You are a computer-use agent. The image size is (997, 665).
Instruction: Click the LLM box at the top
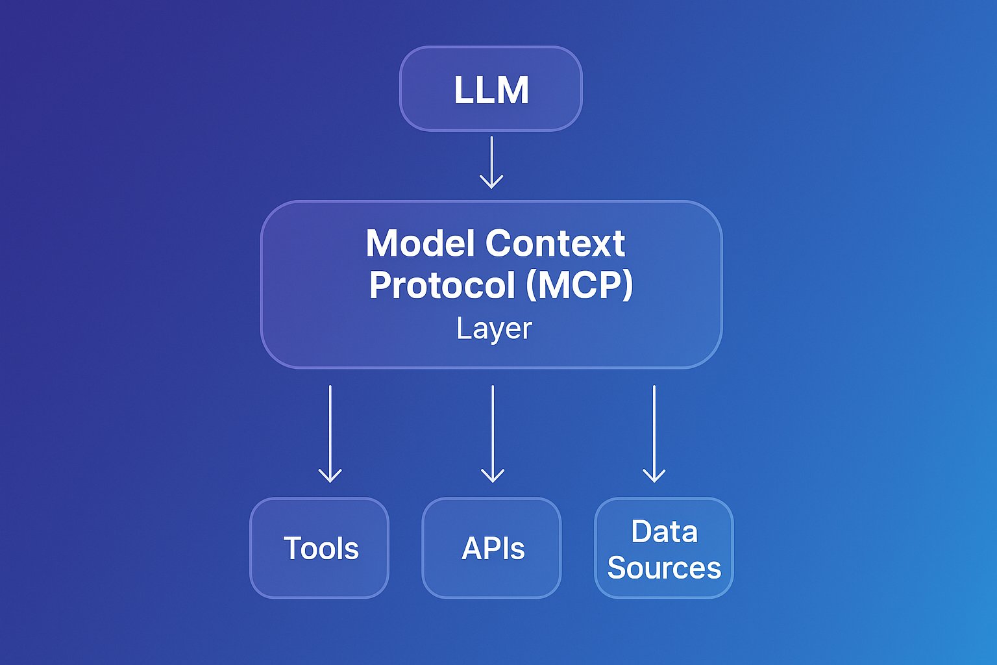coord(491,89)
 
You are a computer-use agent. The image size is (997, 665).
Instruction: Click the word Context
coord(555,244)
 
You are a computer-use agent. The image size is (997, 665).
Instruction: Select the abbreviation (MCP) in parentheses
coord(579,285)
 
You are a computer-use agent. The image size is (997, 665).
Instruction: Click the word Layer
coord(494,329)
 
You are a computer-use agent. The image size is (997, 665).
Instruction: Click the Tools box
coord(319,548)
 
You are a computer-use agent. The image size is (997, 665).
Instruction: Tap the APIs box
coord(491,548)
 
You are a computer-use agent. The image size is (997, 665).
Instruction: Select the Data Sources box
coord(664,548)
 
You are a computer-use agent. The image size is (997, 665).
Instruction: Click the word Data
coord(664,532)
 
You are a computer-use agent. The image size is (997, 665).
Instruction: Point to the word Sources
coord(664,568)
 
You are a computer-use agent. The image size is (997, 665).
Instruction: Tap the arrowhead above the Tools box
coord(330,477)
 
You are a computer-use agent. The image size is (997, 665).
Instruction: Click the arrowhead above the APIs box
coord(493,477)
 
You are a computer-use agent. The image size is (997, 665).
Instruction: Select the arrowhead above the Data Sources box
coord(654,477)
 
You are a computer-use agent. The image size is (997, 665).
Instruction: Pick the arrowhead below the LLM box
coord(491,182)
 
